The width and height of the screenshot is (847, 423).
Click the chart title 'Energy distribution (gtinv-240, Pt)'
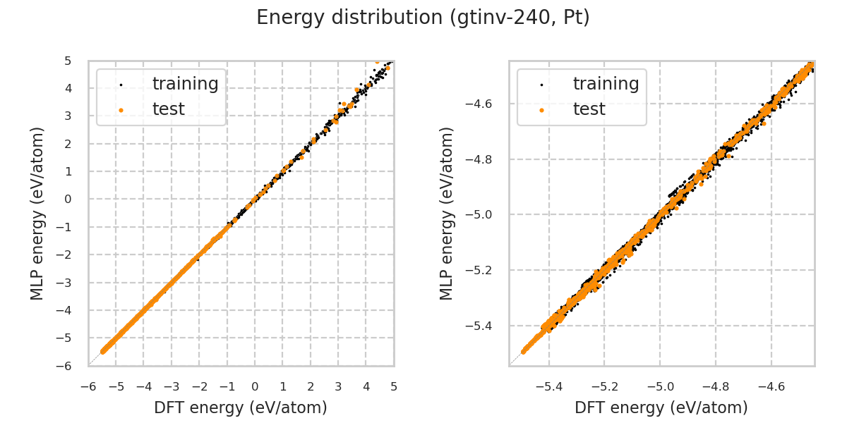click(x=423, y=18)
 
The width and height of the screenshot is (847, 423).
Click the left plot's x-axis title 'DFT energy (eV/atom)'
click(x=241, y=407)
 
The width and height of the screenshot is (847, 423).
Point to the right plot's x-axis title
click(x=661, y=407)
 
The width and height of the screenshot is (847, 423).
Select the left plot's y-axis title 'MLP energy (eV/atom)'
click(x=37, y=213)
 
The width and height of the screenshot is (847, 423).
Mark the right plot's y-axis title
click(x=447, y=213)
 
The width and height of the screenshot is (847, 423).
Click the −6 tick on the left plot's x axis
click(x=88, y=387)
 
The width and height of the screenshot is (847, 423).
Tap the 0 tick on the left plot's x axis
click(x=255, y=387)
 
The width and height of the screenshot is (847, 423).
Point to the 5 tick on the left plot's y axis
click(x=68, y=61)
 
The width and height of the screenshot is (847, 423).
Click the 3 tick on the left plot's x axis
click(x=338, y=387)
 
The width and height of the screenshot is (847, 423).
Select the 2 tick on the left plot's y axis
click(x=68, y=144)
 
